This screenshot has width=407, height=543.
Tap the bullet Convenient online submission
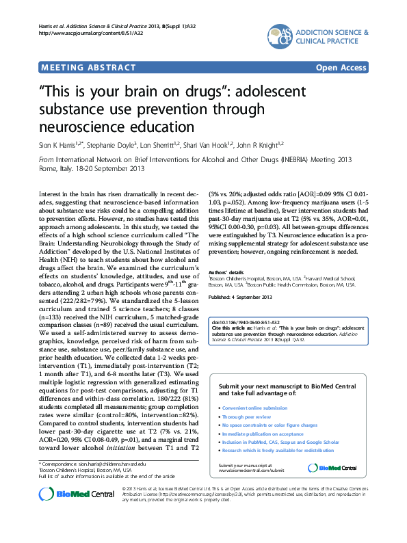255,408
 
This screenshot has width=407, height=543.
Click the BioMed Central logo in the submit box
332,467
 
